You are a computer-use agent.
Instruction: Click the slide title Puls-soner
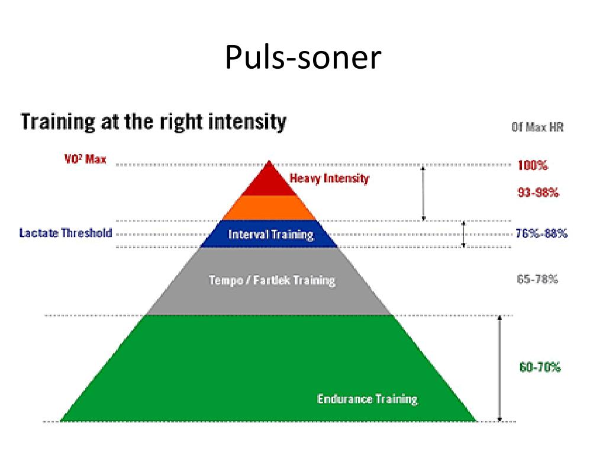point(302,58)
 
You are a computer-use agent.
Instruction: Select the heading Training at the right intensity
point(154,123)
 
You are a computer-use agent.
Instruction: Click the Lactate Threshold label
point(65,233)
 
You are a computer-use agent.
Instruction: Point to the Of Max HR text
point(537,127)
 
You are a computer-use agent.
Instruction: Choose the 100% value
point(533,165)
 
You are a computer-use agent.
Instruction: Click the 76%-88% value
point(541,233)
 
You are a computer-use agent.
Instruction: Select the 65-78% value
point(537,279)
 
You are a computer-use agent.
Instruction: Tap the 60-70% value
point(540,367)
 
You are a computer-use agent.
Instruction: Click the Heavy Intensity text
point(329,178)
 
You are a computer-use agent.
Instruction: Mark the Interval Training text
point(270,235)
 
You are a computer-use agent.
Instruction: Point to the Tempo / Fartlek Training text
point(272,280)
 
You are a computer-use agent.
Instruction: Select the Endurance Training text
point(367,399)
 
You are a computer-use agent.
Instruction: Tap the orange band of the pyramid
point(270,208)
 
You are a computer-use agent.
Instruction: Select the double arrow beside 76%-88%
point(464,234)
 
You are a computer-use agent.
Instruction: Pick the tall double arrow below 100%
point(423,193)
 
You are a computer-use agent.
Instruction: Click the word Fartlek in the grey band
point(272,280)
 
